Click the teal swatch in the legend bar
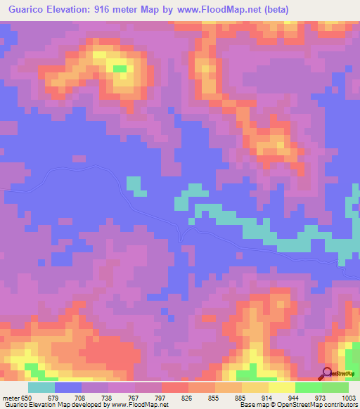click(x=41, y=387)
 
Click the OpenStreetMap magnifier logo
click(x=328, y=373)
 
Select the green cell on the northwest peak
click(x=120, y=69)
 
